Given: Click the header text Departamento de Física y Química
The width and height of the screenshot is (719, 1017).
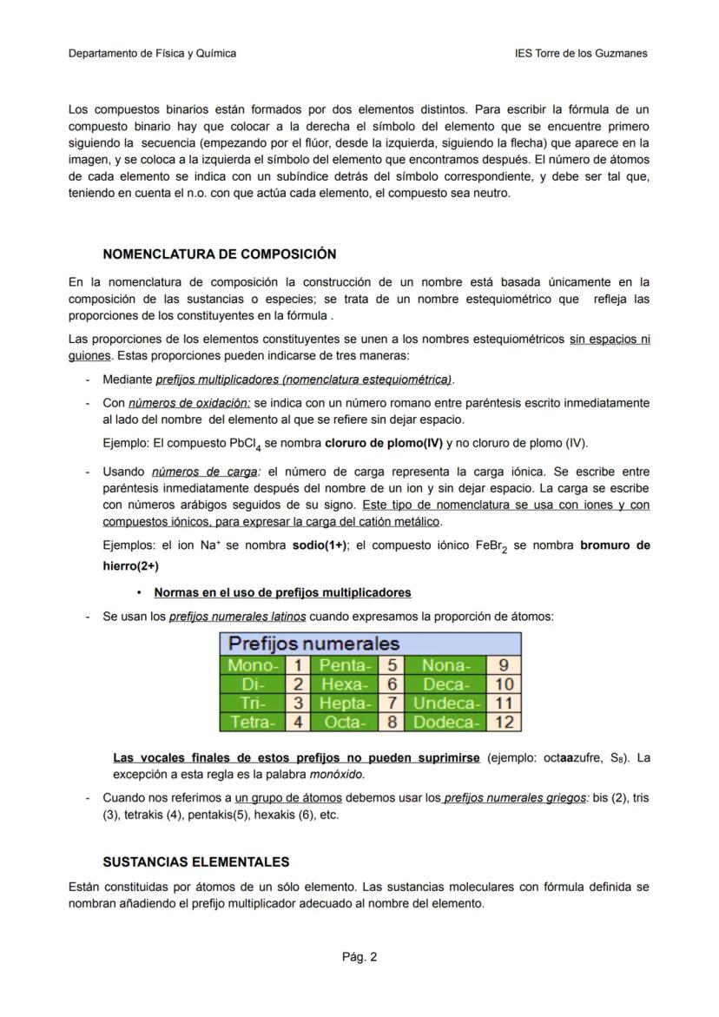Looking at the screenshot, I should tap(152, 53).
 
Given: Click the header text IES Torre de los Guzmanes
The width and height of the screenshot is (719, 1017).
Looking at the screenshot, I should tap(581, 53).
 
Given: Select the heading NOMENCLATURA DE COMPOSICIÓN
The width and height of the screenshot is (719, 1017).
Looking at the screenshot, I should tap(219, 254).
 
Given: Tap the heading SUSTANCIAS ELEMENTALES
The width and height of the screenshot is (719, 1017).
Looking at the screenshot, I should tap(195, 862).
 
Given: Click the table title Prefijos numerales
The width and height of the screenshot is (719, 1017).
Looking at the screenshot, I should tap(313, 644).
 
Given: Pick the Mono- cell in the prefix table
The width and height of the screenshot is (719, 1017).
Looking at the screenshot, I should tap(253, 665).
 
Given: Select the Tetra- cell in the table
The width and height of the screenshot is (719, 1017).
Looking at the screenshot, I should tap(253, 722).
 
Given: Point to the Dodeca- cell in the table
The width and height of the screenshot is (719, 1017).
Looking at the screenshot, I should tap(446, 722).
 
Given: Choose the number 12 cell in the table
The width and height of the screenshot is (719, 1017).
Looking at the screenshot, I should tap(504, 722).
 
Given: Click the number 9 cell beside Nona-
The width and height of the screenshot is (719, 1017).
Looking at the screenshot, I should tap(504, 665).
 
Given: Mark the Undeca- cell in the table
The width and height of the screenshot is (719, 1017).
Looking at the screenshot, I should tap(446, 703).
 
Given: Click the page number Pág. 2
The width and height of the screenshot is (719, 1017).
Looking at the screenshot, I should tap(359, 958).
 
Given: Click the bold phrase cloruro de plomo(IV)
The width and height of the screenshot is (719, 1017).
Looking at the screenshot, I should tap(383, 443).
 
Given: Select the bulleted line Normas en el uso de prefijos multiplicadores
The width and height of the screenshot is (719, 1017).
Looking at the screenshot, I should tap(282, 592).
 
